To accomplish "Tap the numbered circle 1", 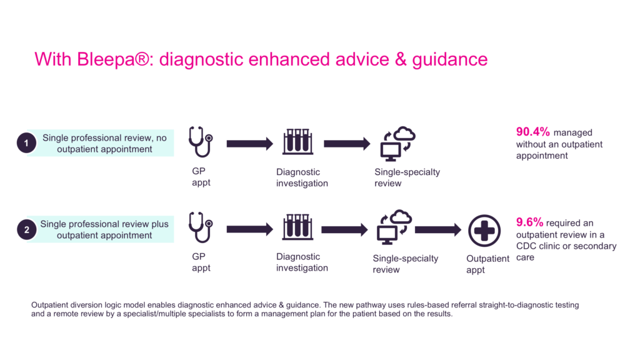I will (x=26, y=144).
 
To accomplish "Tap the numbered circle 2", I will (x=26, y=230).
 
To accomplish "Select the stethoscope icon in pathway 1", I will (x=200, y=141).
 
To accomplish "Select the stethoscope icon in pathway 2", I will (x=200, y=227).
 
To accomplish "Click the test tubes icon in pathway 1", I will (x=297, y=141).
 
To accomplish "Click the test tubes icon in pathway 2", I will (x=297, y=227).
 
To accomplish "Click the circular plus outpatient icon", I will (x=484, y=230).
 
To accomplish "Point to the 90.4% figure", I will (x=532, y=132).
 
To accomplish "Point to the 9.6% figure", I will (x=529, y=222).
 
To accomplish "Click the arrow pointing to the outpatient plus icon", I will (x=437, y=230).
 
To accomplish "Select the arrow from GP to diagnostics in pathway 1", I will (x=249, y=144).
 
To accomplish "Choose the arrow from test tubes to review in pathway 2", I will (x=344, y=229).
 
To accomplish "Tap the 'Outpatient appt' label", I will (x=487, y=264).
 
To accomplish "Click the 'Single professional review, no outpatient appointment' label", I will (x=104, y=143).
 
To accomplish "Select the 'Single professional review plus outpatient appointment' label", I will (x=104, y=229).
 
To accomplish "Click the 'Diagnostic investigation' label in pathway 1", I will (x=302, y=177).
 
